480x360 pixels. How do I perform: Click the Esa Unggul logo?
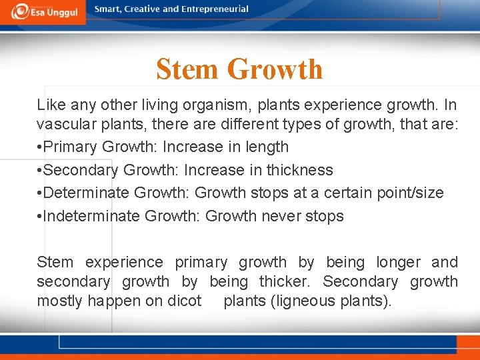(x=43, y=11)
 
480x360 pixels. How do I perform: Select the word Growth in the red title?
(x=275, y=69)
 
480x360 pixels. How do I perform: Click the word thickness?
(x=299, y=170)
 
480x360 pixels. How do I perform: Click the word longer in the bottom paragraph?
(x=399, y=263)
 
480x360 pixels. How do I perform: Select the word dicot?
(x=185, y=301)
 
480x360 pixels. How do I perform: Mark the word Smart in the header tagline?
(x=109, y=9)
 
